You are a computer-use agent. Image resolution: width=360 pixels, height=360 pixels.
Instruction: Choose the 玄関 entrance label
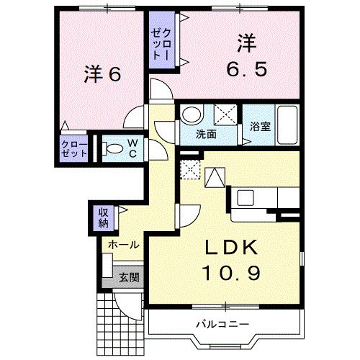pyautogui.click(x=129, y=276)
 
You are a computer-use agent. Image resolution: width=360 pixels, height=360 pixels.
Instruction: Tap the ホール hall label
pyautogui.click(x=123, y=245)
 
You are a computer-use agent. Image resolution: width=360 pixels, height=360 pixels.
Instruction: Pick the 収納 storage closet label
pyautogui.click(x=103, y=217)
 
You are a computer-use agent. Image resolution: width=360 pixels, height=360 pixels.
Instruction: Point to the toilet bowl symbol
pyautogui.click(x=112, y=150)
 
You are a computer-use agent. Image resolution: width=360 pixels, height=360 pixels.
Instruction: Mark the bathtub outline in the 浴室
pyautogui.click(x=289, y=125)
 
